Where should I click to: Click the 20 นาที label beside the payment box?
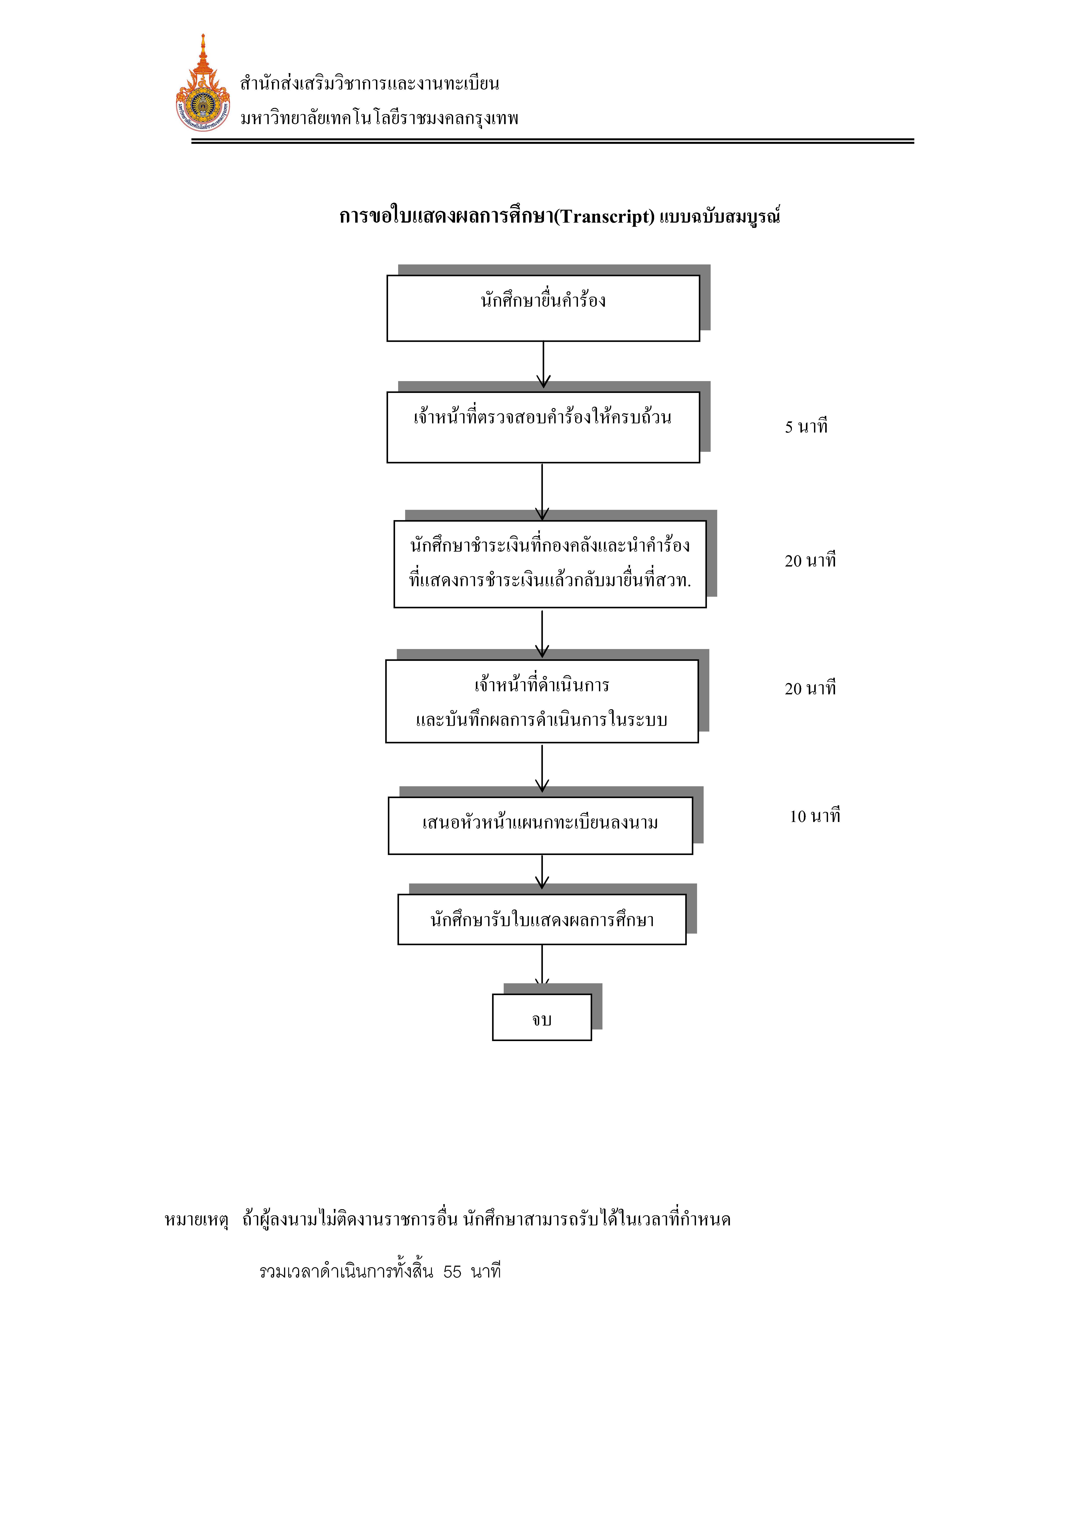[x=810, y=561]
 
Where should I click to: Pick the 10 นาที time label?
[x=815, y=816]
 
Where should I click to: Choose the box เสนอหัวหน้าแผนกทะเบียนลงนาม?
[x=540, y=825]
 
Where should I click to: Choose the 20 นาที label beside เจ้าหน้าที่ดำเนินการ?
[x=810, y=688]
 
